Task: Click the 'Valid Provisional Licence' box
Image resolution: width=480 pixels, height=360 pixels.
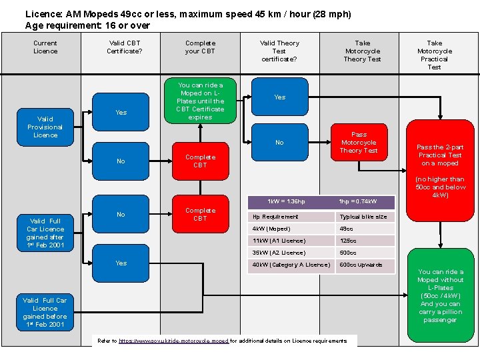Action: click(45, 127)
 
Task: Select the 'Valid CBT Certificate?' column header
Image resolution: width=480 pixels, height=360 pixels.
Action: click(125, 47)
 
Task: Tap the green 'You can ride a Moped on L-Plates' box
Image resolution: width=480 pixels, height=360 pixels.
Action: click(200, 101)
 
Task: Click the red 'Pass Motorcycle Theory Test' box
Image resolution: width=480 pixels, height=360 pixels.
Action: click(359, 143)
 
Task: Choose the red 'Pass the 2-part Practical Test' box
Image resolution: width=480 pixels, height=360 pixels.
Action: click(439, 155)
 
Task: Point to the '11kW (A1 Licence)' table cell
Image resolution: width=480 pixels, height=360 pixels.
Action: click(290, 241)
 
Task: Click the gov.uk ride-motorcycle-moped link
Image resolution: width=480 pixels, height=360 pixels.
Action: click(173, 341)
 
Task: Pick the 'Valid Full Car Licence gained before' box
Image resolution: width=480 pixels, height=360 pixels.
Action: click(45, 312)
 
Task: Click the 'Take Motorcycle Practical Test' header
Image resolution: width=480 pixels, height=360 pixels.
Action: click(434, 55)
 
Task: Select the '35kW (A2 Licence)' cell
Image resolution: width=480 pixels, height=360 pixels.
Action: click(290, 253)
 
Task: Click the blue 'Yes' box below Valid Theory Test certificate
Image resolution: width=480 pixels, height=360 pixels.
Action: click(279, 97)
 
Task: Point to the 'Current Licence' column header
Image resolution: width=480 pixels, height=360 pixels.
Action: click(45, 47)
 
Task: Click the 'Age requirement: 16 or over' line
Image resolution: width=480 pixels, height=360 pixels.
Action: click(87, 25)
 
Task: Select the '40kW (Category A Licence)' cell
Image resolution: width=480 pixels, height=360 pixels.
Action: click(290, 265)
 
